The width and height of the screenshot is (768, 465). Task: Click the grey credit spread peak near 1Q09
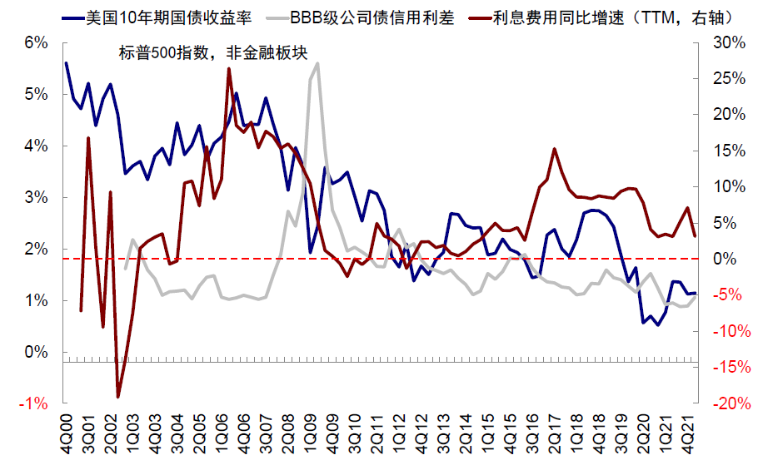(317, 63)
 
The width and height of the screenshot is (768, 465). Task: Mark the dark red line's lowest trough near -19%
(118, 396)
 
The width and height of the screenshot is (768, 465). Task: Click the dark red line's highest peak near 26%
(229, 69)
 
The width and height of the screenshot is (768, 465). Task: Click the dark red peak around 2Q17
(555, 149)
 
